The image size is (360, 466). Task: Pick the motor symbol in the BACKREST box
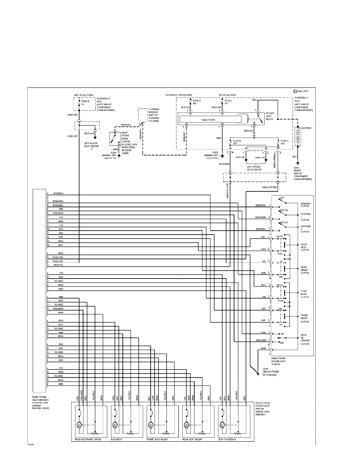(x=115, y=425)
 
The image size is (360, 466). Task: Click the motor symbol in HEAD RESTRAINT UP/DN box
(x=79, y=425)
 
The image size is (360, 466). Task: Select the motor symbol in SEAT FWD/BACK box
(x=222, y=425)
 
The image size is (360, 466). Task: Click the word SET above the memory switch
(x=282, y=198)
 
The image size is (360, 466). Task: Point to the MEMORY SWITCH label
(x=305, y=205)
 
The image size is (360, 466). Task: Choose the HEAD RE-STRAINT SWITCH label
(x=305, y=340)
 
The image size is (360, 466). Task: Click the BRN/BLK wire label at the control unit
(x=58, y=193)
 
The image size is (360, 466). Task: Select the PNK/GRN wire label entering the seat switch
(x=261, y=340)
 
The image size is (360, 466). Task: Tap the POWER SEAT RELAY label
(x=271, y=116)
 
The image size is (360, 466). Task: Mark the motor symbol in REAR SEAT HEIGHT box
(x=187, y=425)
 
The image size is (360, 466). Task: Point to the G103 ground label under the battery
(x=296, y=166)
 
